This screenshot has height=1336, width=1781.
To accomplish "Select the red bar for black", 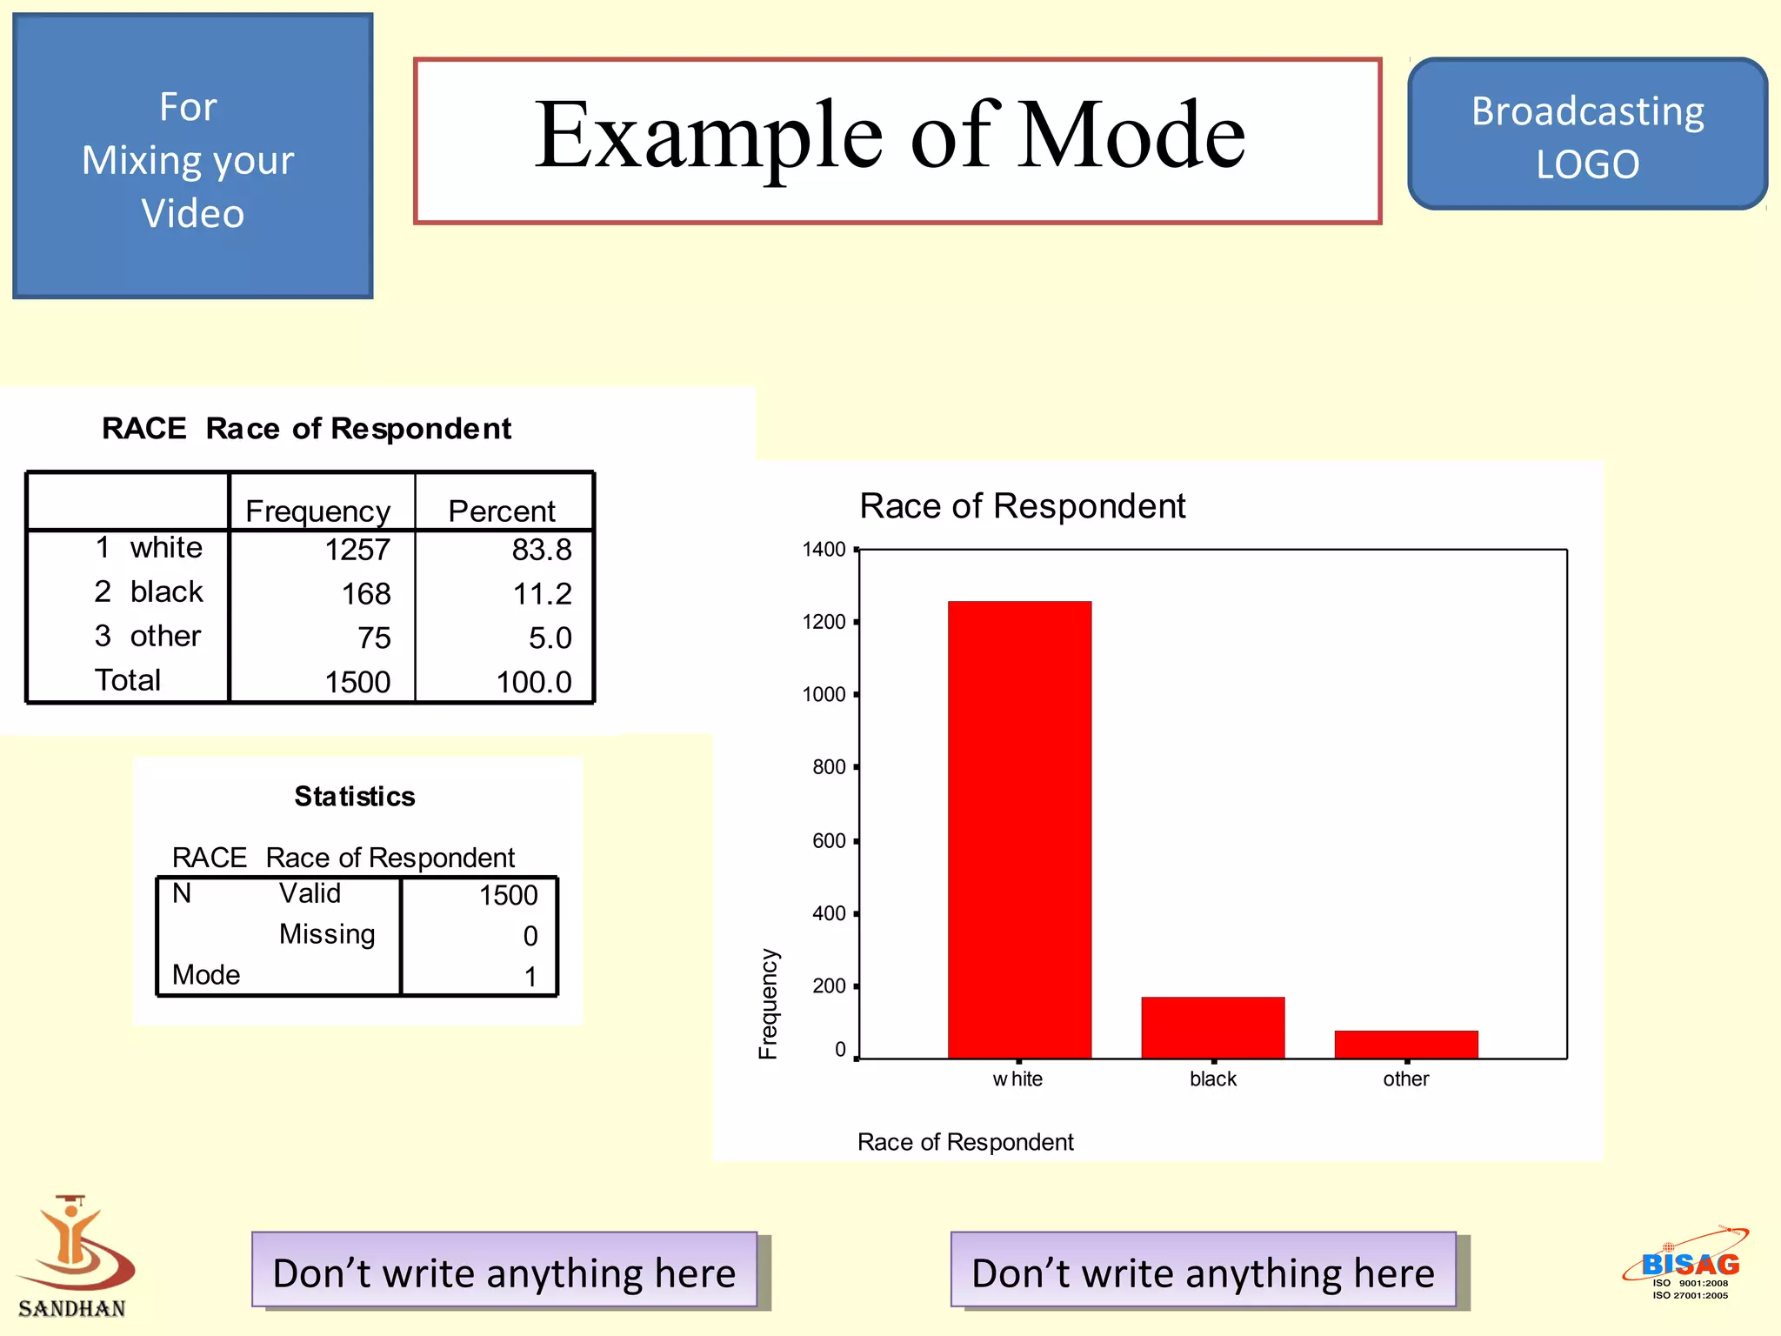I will click(1212, 1027).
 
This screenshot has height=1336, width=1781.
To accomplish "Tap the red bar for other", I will click(1405, 1044).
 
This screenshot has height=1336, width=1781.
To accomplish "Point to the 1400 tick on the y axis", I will click(824, 550).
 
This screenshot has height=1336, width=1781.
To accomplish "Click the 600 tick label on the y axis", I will click(829, 841).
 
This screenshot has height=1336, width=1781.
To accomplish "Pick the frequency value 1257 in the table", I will click(357, 550).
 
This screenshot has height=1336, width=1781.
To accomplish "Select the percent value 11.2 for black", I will click(542, 594).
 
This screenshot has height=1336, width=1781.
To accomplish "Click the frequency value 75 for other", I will click(374, 638).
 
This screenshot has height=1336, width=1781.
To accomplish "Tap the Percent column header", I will click(501, 511).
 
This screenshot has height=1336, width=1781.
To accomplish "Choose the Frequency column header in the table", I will click(317, 511).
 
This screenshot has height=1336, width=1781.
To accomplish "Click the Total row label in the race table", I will click(128, 680).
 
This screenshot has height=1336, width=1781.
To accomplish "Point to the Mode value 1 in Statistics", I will click(530, 977).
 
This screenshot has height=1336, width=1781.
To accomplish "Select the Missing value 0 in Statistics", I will click(530, 936).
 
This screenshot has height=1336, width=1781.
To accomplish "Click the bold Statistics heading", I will click(355, 797).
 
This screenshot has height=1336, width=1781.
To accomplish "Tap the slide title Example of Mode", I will click(890, 136).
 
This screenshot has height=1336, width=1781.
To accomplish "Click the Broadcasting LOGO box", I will click(1587, 136).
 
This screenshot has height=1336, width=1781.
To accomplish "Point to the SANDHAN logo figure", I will click(73, 1244).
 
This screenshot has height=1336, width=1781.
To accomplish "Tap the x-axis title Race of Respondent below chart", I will click(965, 1142).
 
